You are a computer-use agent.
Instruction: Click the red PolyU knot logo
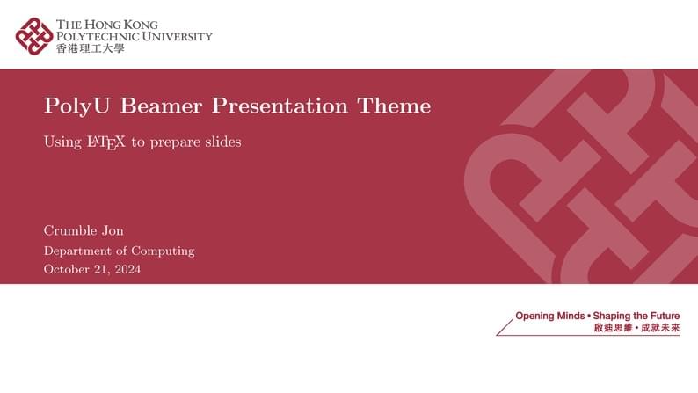[x=34, y=36]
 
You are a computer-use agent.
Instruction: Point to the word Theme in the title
[x=394, y=106]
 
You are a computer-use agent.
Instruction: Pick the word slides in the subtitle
[x=220, y=141]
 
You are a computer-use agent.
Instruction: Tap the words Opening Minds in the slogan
[x=549, y=315]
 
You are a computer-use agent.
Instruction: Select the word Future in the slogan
[x=661, y=315]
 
